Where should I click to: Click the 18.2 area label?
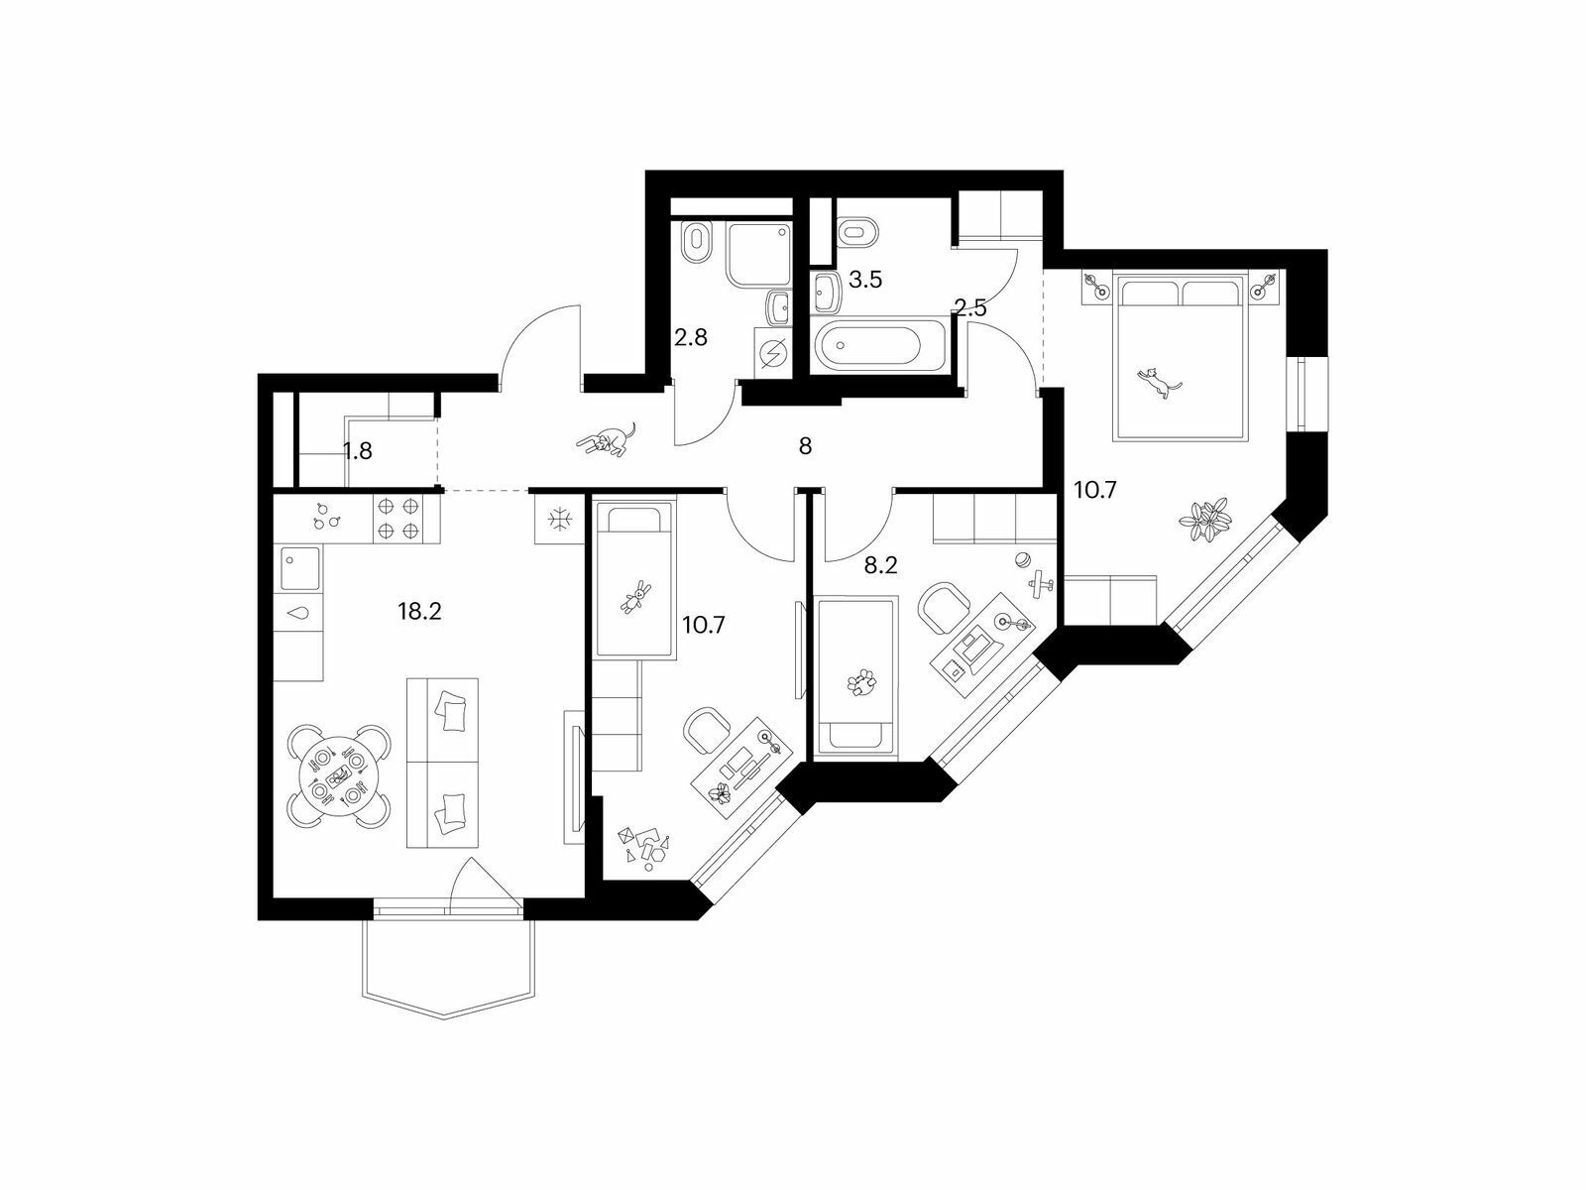pos(419,612)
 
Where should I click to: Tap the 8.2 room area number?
pos(881,565)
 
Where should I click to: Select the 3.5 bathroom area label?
pos(865,280)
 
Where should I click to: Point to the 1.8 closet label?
pos(358,451)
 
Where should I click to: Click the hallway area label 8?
pos(805,446)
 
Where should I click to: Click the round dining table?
pos(338,776)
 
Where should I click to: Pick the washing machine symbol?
pos(772,353)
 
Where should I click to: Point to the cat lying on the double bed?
pos(1158,382)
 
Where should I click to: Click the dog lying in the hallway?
pos(607,439)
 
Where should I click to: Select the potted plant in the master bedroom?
pos(1203,519)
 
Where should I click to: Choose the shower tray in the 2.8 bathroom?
pos(758,254)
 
